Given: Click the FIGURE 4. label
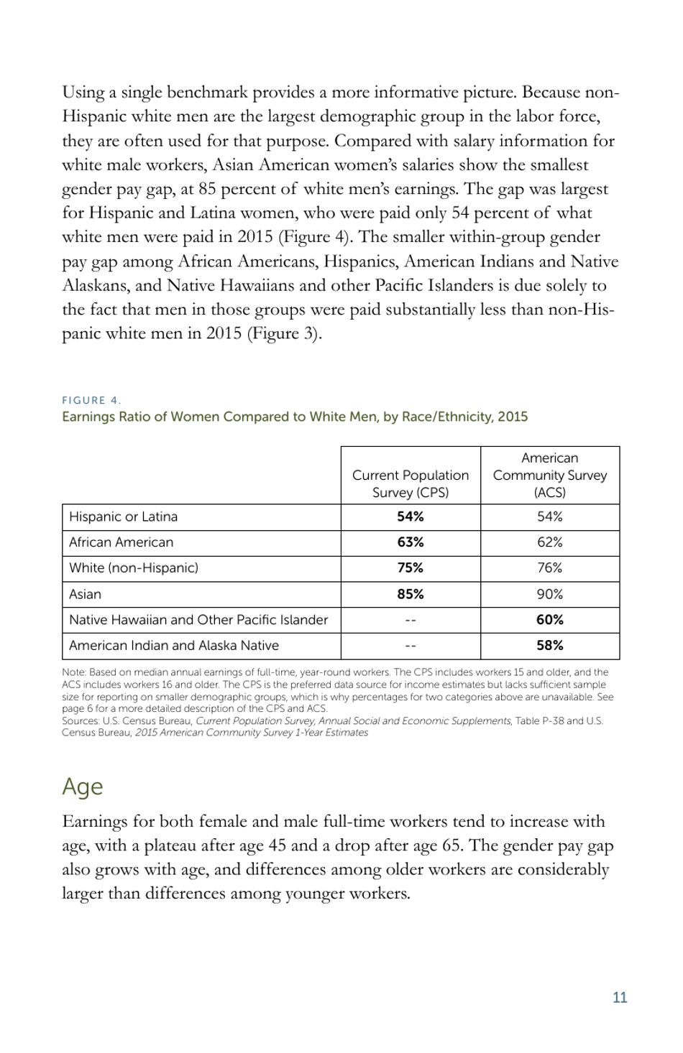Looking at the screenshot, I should [91, 400].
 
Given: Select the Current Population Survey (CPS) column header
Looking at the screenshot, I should [410, 483].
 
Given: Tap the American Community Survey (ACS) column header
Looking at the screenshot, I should [549, 475].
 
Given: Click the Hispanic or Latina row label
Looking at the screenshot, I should [123, 516].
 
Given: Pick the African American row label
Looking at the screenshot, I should [121, 542].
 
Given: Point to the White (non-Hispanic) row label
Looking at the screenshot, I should [133, 567].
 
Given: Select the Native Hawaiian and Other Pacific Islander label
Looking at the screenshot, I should [198, 619].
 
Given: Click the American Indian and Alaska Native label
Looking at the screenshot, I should [173, 645].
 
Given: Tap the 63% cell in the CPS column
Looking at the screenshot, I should [410, 542].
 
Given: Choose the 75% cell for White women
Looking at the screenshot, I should [410, 567].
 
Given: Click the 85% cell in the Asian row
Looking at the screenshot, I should [410, 594].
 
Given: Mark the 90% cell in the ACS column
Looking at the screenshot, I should [549, 594].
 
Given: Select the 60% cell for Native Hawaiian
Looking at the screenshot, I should [549, 619].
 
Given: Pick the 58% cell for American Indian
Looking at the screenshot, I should [549, 645].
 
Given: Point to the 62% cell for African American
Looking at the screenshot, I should [549, 542].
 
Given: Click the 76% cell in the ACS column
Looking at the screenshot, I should [549, 567].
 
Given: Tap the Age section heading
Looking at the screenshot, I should [82, 787].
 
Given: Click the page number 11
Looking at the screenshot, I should [619, 997].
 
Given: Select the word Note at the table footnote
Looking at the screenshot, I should [73, 672].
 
